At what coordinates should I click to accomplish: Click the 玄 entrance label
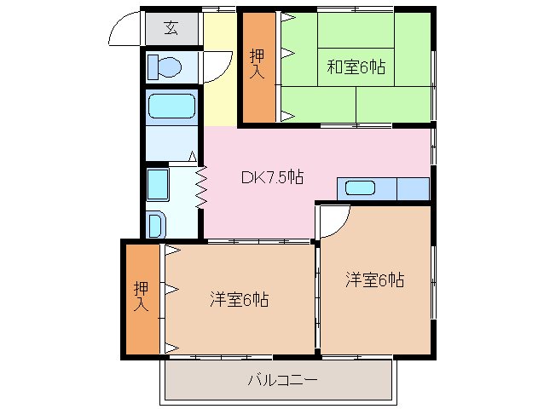[x=171, y=28]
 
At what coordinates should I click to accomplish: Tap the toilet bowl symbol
[x=165, y=66]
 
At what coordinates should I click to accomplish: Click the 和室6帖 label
[x=356, y=66]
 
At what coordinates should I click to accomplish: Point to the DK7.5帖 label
[x=272, y=177]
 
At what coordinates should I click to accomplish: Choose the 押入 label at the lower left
[x=142, y=297]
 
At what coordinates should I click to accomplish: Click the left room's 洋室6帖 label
[x=240, y=299]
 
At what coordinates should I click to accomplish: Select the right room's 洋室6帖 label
[x=374, y=279]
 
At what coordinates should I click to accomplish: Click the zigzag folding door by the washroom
[x=202, y=185]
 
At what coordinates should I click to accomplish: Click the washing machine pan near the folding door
[x=159, y=183]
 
